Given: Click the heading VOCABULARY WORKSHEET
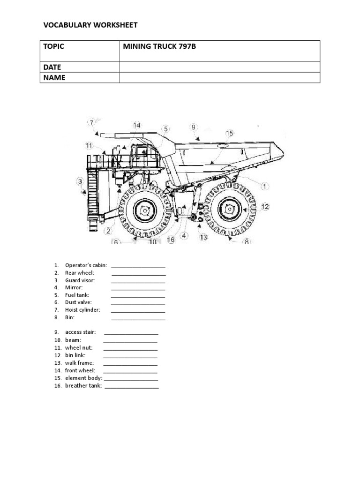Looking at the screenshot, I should [x=90, y=25].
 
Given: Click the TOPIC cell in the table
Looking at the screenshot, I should [x=54, y=46].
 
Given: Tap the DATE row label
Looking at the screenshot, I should [x=52, y=67].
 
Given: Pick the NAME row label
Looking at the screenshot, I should [x=54, y=78].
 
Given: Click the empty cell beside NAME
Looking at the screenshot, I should [x=219, y=78].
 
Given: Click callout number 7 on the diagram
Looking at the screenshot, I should [x=92, y=123].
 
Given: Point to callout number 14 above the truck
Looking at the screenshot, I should [x=136, y=125].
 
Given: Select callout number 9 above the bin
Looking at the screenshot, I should [x=194, y=127].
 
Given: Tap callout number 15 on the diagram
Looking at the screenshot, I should [x=229, y=134].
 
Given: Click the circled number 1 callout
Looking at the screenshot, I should [x=265, y=186].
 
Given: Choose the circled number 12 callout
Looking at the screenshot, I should [x=265, y=206].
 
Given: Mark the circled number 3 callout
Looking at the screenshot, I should [x=81, y=181].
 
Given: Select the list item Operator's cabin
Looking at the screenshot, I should [x=86, y=265].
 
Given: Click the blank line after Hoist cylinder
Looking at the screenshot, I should [x=138, y=310].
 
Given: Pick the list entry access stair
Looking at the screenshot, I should [x=80, y=332].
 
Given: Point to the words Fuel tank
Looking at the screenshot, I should [x=77, y=295].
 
